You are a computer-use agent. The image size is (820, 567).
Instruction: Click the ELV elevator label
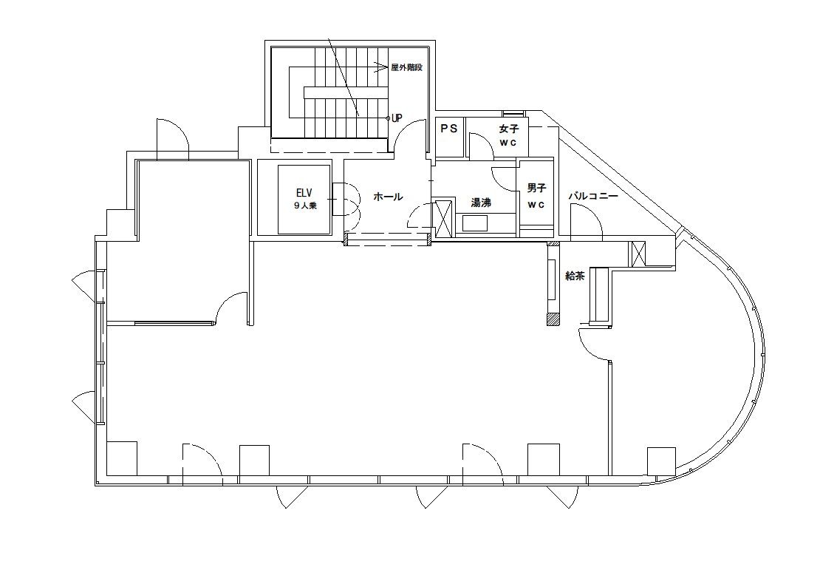[x=304, y=193]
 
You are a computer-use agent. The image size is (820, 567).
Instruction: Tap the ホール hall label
[x=388, y=197]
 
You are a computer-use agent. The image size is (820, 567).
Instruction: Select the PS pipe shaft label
[x=448, y=129]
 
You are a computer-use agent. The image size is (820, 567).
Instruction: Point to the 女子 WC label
[x=508, y=135]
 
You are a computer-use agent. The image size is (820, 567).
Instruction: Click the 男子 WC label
[x=536, y=196]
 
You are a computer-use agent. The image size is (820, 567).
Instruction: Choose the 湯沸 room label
[x=481, y=203]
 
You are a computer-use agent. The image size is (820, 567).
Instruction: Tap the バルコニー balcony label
[x=593, y=197]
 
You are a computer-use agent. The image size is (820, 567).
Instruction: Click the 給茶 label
[x=575, y=276]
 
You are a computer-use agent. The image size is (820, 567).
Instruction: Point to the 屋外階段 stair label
[x=406, y=67]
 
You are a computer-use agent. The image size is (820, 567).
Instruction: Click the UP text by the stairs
[x=397, y=118]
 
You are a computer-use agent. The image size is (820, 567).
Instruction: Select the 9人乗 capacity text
[x=305, y=206]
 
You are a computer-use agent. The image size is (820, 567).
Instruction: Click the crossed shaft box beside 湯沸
[x=443, y=218]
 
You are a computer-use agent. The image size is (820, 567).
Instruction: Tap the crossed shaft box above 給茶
[x=638, y=254]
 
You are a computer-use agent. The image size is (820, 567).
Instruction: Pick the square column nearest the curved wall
[x=661, y=461]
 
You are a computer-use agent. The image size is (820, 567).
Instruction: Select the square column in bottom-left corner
[x=122, y=458]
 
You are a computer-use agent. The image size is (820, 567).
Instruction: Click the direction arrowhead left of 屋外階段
[x=380, y=67]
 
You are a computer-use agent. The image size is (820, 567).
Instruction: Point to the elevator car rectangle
[x=304, y=200]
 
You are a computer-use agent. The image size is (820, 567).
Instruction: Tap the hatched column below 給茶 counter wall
[x=553, y=319]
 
